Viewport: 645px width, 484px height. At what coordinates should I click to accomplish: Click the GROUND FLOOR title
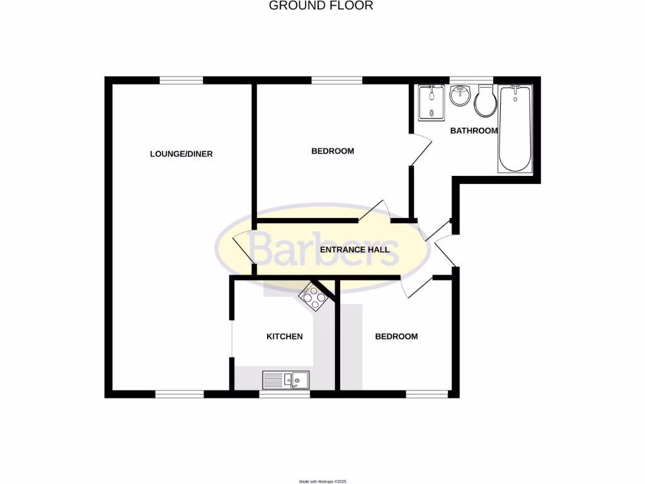point(321,6)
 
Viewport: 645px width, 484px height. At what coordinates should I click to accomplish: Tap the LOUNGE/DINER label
point(181,154)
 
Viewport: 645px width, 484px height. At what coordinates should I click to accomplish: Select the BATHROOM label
point(474,131)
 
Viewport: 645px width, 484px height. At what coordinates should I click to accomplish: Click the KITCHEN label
point(285,337)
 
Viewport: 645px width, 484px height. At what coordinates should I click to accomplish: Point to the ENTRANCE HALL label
point(355,250)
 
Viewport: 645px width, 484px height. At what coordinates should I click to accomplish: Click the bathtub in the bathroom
point(515,129)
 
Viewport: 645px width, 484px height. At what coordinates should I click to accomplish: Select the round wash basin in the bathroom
point(460,96)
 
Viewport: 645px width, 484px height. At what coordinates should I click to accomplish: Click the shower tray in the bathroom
point(431,103)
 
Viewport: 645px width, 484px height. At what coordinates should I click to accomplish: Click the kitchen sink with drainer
point(285,379)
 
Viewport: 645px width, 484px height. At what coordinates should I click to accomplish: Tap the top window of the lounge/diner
point(181,80)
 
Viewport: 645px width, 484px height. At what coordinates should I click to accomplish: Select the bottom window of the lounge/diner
point(180,395)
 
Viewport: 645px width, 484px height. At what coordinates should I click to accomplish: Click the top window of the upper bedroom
point(337,80)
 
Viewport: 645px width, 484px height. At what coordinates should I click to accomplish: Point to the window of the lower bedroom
point(427,395)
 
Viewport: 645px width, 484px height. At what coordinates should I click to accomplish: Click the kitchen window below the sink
point(285,395)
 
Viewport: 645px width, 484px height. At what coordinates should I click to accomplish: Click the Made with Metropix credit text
point(322,481)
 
